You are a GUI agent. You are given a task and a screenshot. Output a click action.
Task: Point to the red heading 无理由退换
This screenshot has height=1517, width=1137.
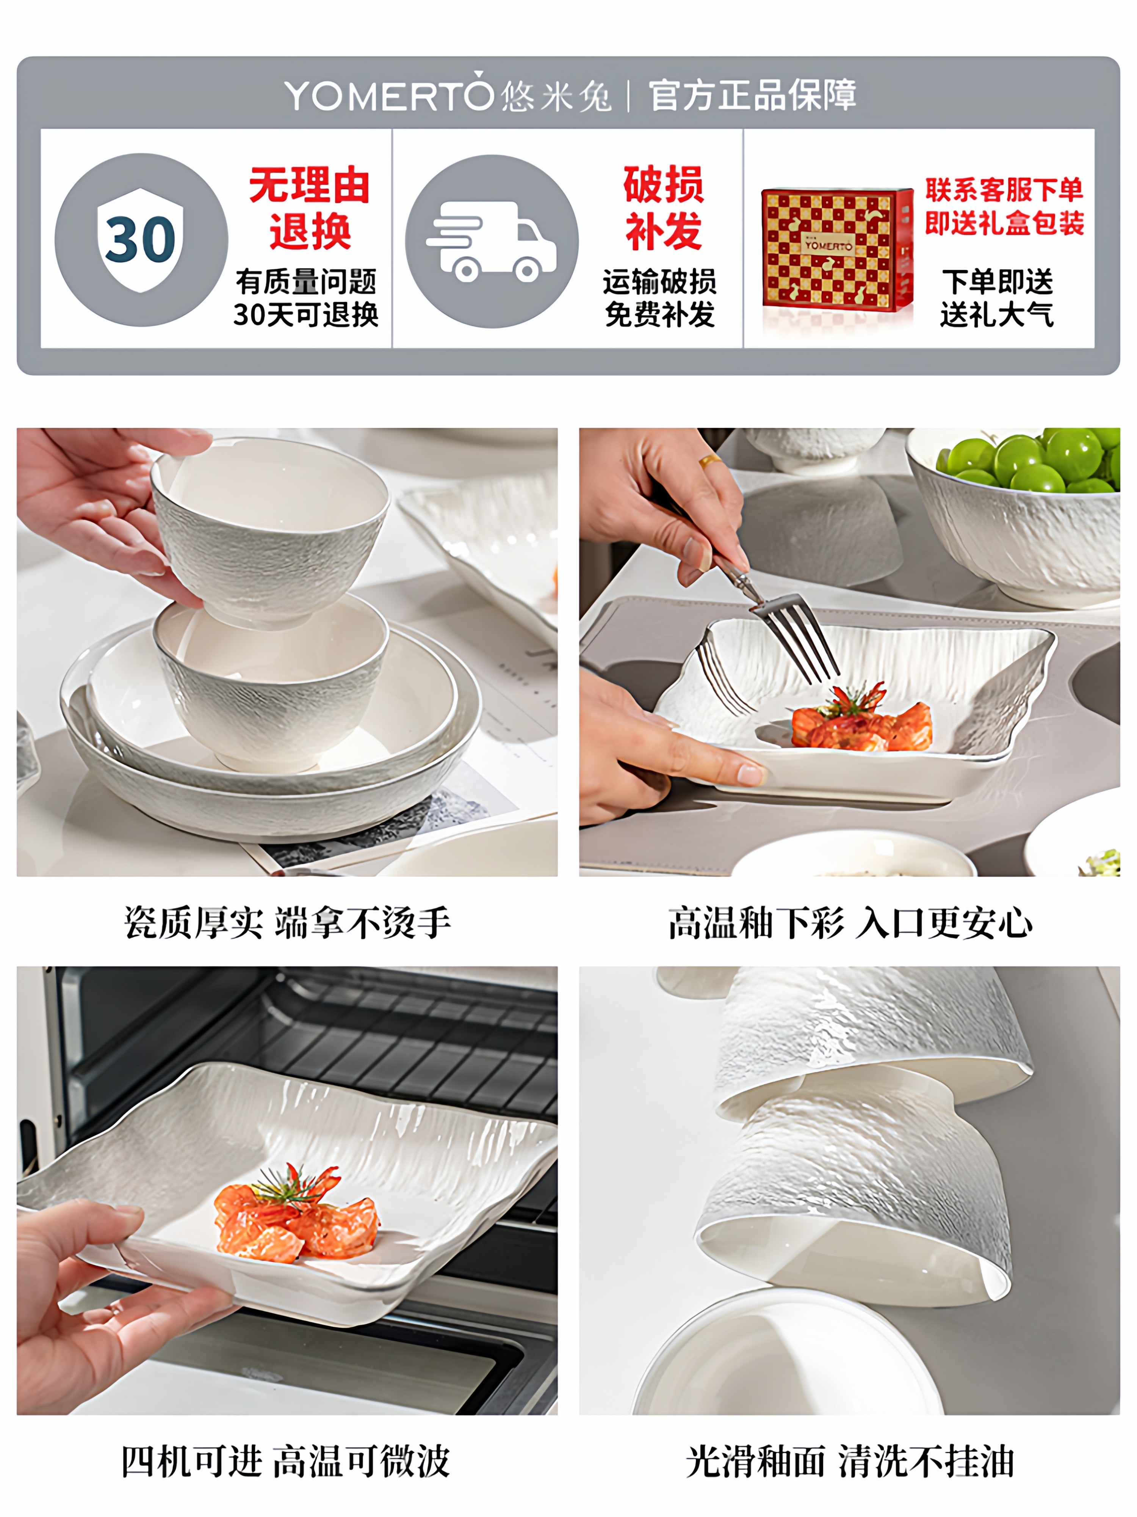[309, 208]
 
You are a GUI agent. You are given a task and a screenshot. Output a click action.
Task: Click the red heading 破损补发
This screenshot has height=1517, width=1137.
[663, 208]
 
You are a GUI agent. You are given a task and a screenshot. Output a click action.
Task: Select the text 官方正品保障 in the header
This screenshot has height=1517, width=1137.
[752, 95]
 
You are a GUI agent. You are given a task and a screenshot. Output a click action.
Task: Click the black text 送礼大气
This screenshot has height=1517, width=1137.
[996, 315]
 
